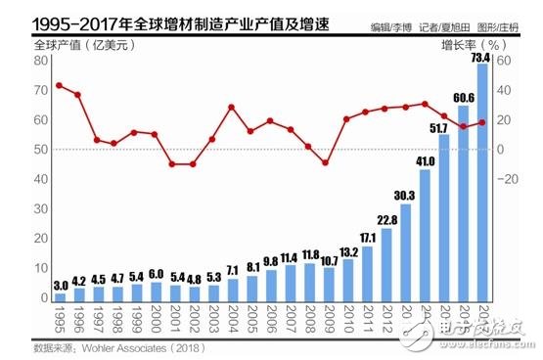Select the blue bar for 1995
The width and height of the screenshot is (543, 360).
[x=60, y=295]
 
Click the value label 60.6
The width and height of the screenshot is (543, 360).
[x=462, y=97]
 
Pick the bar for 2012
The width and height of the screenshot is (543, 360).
[x=385, y=264]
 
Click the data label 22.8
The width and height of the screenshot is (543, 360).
[x=385, y=219]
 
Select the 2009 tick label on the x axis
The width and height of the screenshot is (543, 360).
[x=328, y=320]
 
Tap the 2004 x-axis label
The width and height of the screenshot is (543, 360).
[x=232, y=320]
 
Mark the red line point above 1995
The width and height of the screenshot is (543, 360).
[x=60, y=85]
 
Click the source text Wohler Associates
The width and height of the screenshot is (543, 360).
[x=124, y=346]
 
